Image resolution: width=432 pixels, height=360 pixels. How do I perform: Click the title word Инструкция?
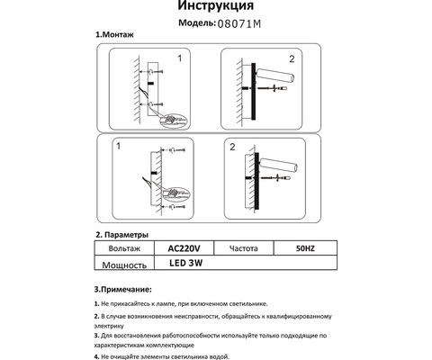(216, 7)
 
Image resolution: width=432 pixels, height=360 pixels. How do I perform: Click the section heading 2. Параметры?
(129, 233)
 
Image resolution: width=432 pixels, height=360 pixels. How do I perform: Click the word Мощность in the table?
(126, 265)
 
